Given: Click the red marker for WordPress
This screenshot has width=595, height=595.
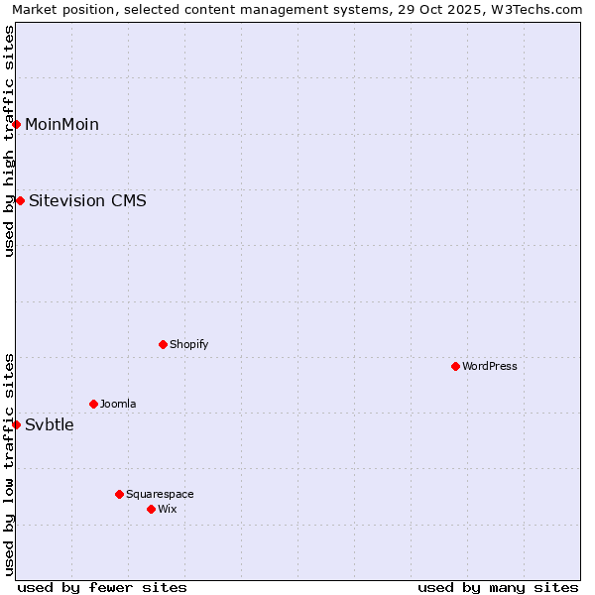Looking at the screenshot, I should point(455,366).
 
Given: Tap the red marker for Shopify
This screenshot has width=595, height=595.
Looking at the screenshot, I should point(163,344).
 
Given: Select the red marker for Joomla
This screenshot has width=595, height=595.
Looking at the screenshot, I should point(93,404).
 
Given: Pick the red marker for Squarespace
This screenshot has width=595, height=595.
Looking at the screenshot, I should point(119,494).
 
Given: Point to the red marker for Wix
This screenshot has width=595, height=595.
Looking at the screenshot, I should point(151,509).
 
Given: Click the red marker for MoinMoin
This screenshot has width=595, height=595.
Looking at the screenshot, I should point(17,124).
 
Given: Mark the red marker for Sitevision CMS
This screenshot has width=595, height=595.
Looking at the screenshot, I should point(20,201).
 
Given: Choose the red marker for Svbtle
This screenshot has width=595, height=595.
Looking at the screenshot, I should point(17,424).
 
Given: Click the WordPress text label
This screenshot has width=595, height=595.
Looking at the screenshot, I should point(490,366).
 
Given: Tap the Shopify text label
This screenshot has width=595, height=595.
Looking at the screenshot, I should point(189,344).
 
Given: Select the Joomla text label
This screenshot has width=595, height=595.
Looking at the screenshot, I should point(118,404).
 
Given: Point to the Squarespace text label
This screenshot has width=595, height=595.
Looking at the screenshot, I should point(160,494).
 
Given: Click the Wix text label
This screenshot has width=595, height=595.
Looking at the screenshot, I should point(167,509).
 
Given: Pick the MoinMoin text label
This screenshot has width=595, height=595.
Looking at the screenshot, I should point(61,124).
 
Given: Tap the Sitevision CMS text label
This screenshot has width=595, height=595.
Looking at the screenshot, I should point(87,201).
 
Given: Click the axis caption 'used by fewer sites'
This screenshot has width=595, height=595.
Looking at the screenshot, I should point(102,587).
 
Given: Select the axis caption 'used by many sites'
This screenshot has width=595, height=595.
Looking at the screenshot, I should point(498,587).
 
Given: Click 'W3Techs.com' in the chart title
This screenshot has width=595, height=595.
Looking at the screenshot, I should point(540,10).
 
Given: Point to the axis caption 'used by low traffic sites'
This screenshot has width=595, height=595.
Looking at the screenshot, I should point(10,464).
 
